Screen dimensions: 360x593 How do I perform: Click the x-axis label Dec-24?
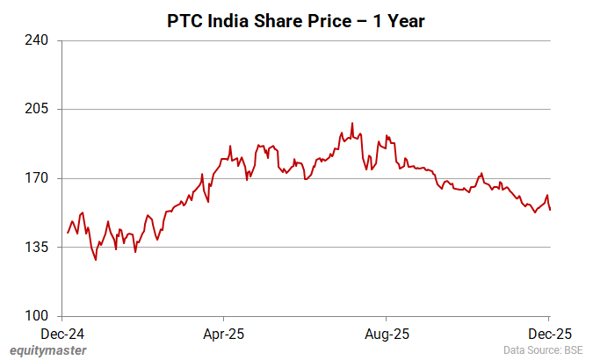64,334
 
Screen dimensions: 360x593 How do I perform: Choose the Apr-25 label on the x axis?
224,334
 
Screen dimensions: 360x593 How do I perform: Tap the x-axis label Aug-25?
387,334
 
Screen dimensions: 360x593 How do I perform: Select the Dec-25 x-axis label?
549,334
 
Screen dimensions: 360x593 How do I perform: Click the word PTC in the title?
184,20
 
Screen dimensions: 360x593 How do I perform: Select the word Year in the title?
406,20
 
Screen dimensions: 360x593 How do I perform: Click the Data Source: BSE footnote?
544,350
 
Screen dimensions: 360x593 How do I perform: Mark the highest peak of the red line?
352,123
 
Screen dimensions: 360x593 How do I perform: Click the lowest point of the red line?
96,260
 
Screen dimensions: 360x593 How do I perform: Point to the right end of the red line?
550,210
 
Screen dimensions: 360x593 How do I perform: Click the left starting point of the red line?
67,234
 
